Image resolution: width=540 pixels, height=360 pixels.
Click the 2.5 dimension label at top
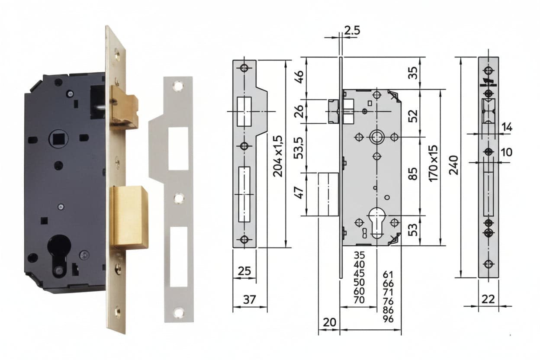coord(352,31)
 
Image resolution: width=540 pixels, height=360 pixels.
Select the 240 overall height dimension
coord(454,165)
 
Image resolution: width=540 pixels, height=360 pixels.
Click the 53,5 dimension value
coord(299,148)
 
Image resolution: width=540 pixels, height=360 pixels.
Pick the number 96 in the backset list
coord(388,319)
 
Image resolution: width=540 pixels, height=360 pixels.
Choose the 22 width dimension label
coord(488,299)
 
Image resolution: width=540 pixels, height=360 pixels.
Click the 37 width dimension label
coord(249,300)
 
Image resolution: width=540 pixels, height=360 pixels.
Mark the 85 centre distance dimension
coord(413,174)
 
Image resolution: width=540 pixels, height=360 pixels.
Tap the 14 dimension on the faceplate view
coord(507,127)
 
